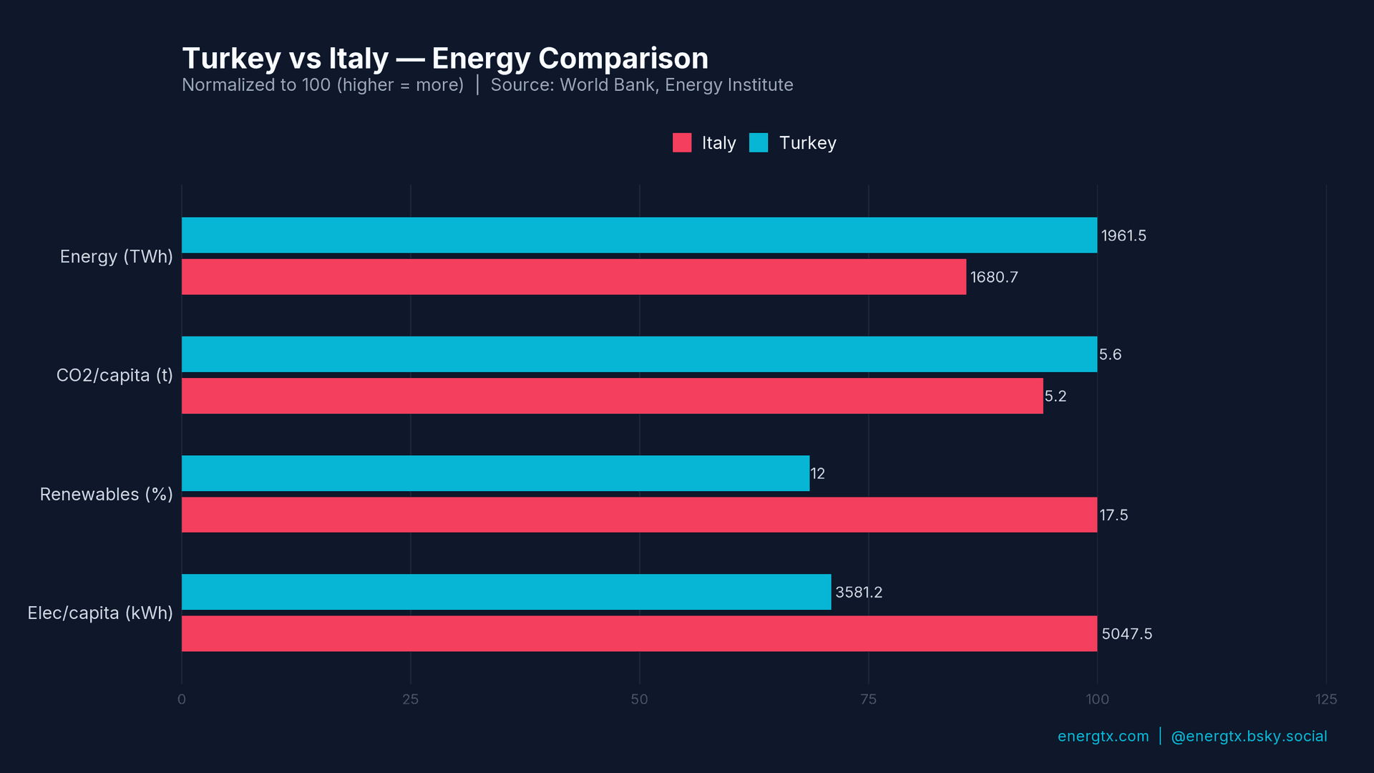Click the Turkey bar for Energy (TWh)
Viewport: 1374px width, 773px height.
click(639, 235)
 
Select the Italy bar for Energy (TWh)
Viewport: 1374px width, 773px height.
click(573, 277)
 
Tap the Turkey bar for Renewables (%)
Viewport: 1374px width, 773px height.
click(495, 473)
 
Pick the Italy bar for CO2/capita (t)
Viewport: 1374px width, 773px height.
click(612, 396)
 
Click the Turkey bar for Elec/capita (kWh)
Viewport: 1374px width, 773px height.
click(506, 592)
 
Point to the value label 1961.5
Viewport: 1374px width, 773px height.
click(1123, 235)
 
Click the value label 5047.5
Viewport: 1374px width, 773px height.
click(1126, 633)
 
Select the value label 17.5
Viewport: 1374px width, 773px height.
click(1113, 515)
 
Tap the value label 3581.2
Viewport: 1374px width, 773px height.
click(858, 592)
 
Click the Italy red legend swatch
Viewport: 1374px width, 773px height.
click(682, 142)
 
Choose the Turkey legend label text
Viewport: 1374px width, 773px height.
click(807, 142)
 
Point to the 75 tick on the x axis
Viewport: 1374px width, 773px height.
click(868, 699)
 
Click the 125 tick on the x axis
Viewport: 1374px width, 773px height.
click(1325, 699)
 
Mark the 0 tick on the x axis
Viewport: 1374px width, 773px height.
click(182, 699)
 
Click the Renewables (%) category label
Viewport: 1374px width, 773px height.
click(106, 494)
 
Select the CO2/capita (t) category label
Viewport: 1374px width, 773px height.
click(114, 375)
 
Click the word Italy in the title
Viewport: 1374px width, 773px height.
click(358, 59)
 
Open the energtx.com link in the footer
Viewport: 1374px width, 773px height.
click(1103, 736)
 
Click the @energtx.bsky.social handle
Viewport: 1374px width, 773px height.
click(1249, 736)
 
